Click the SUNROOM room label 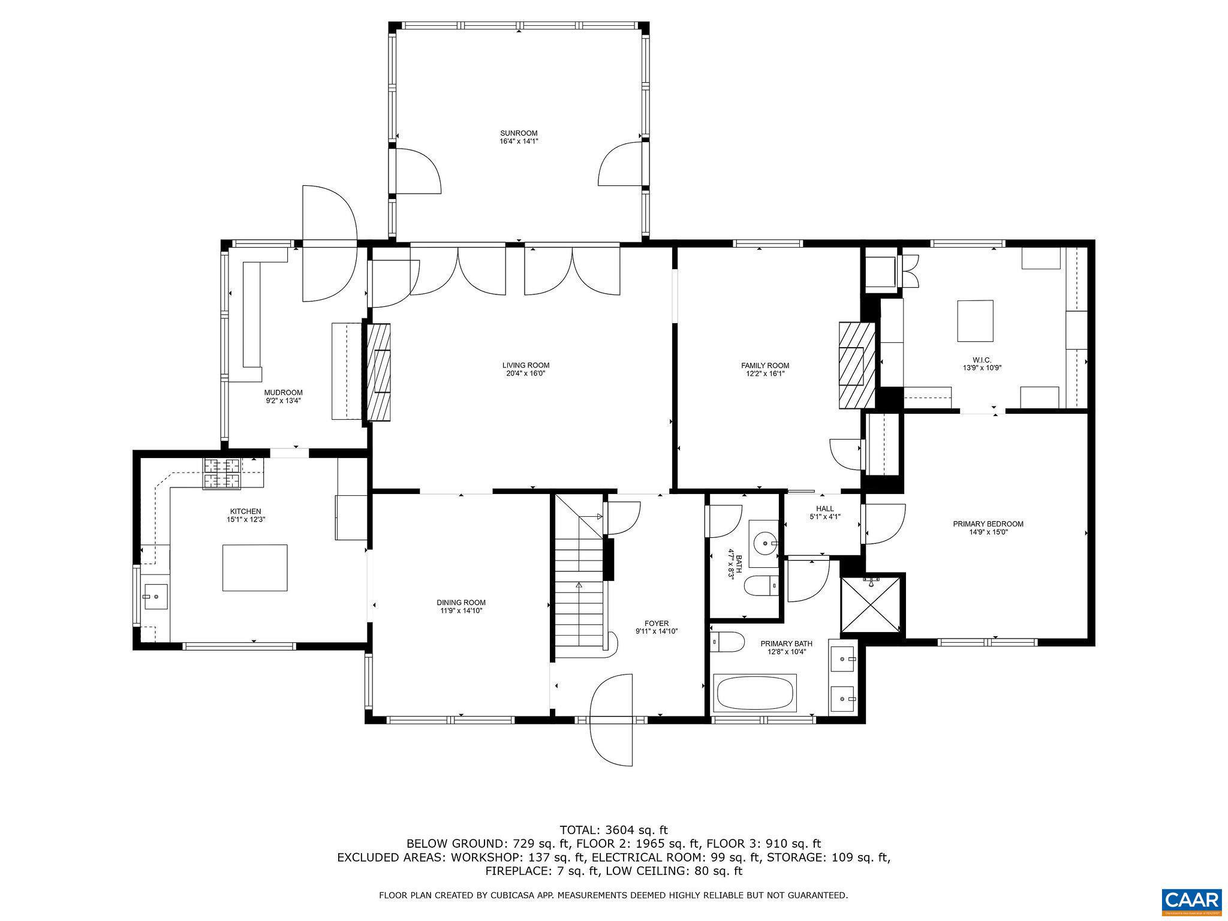click(519, 133)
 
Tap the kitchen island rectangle click(255, 567)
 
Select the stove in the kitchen click(222, 474)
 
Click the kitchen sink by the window click(155, 597)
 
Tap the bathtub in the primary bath click(754, 694)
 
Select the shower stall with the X click(871, 604)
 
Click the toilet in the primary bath click(727, 642)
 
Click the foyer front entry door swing click(612, 720)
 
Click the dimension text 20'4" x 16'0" click(525, 374)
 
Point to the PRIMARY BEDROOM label click(988, 523)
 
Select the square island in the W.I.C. click(974, 321)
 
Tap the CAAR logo click(1191, 901)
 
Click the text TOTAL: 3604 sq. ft click(613, 830)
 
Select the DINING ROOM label click(460, 603)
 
